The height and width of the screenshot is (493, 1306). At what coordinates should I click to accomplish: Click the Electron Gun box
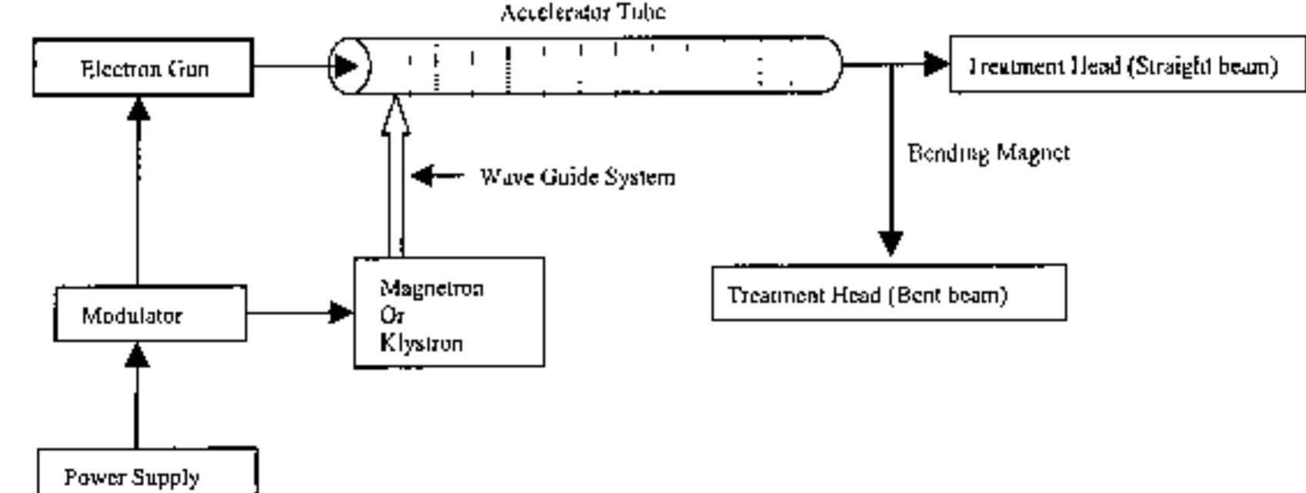143,68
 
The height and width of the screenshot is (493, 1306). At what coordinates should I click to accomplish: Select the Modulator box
150,314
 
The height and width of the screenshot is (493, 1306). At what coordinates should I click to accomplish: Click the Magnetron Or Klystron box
449,313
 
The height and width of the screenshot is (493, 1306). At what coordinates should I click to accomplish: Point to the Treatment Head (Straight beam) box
1127,65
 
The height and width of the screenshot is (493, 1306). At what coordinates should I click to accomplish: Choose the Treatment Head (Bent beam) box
888,293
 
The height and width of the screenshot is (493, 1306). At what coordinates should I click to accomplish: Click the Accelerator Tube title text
583,12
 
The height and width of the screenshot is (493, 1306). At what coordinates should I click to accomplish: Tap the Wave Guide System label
577,177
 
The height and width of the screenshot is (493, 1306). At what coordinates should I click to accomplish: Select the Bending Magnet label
988,153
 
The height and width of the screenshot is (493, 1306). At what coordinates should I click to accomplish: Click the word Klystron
422,342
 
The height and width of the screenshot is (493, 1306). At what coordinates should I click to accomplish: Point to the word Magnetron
432,288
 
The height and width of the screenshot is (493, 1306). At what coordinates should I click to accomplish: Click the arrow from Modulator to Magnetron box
300,313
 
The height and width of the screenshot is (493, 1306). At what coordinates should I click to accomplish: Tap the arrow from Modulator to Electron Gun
138,192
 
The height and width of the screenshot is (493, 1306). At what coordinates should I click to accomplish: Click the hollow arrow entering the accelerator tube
395,177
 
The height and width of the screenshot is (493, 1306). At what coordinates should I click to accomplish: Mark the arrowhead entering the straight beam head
937,64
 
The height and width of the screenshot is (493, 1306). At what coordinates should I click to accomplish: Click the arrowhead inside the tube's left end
346,65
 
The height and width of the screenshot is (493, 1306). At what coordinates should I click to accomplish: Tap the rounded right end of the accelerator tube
833,65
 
